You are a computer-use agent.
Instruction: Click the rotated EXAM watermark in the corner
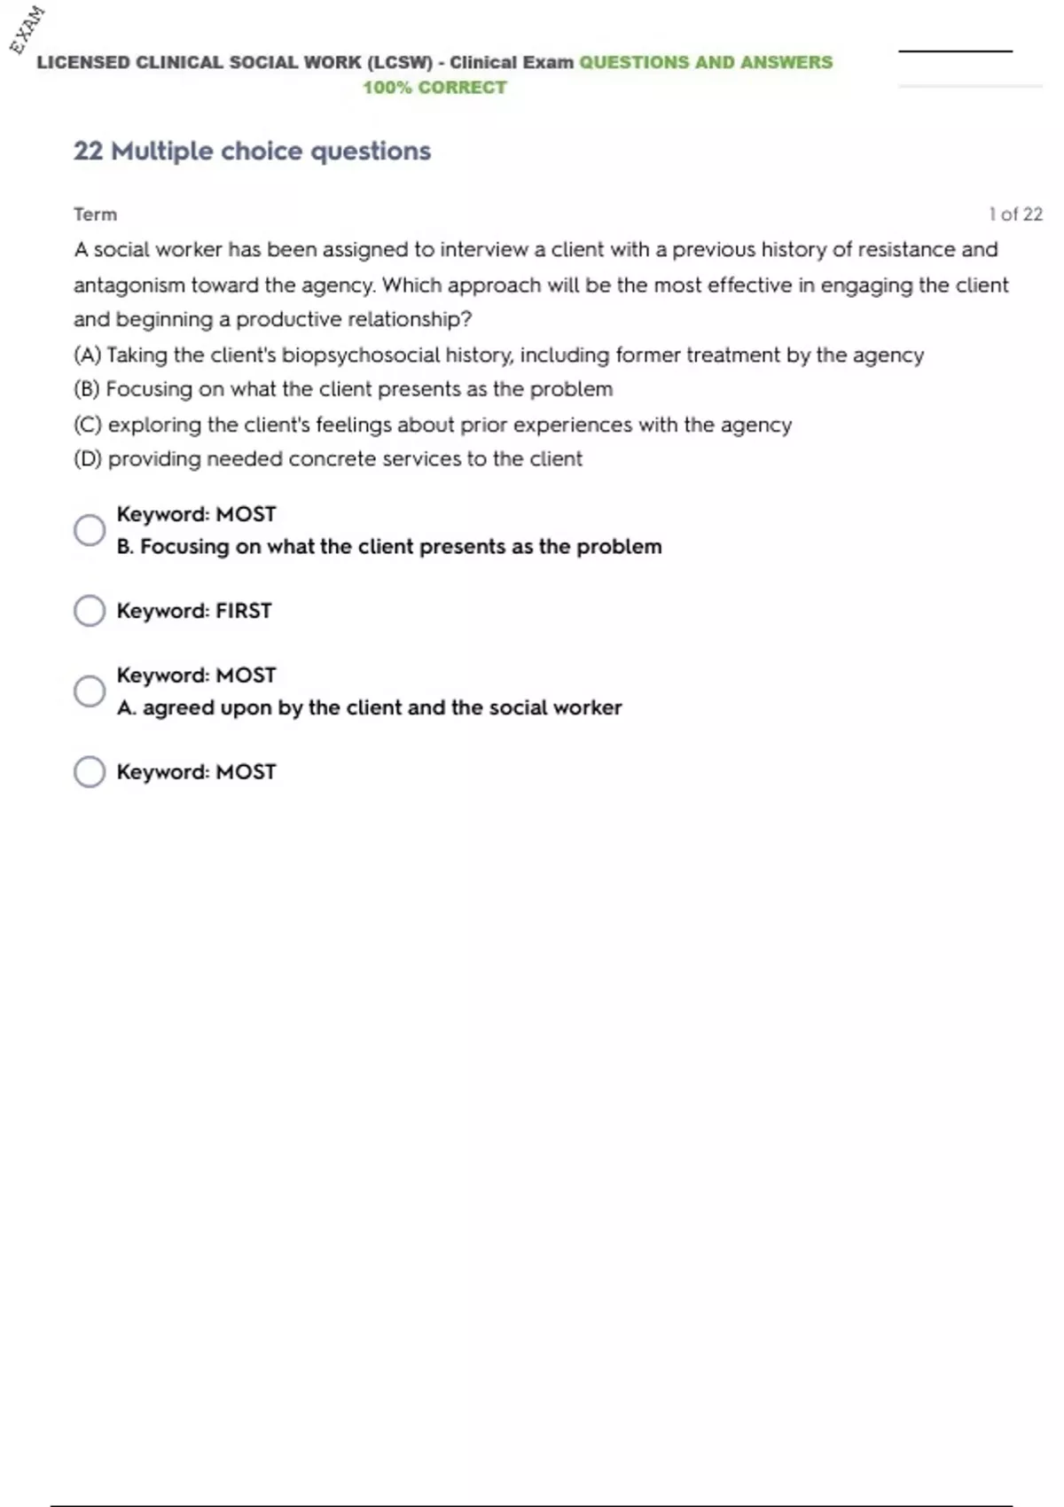[27, 29]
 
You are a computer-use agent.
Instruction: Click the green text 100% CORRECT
[434, 88]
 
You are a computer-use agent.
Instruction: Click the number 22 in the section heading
[88, 152]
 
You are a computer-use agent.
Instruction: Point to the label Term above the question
[95, 215]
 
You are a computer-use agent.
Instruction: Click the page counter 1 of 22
[1015, 215]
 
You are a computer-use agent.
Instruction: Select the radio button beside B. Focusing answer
[90, 530]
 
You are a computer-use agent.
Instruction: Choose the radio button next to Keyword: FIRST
[90, 611]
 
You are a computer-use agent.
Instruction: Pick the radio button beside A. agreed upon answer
[90, 691]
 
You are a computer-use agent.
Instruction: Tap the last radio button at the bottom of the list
[90, 772]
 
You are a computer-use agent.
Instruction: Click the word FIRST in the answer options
[244, 611]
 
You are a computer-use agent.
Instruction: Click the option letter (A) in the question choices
[87, 355]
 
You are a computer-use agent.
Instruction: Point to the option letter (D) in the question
[88, 459]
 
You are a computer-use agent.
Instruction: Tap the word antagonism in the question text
[129, 285]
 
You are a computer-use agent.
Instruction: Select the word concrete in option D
[332, 459]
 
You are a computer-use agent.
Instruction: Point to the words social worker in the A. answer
[554, 708]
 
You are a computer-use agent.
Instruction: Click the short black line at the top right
[955, 51]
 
